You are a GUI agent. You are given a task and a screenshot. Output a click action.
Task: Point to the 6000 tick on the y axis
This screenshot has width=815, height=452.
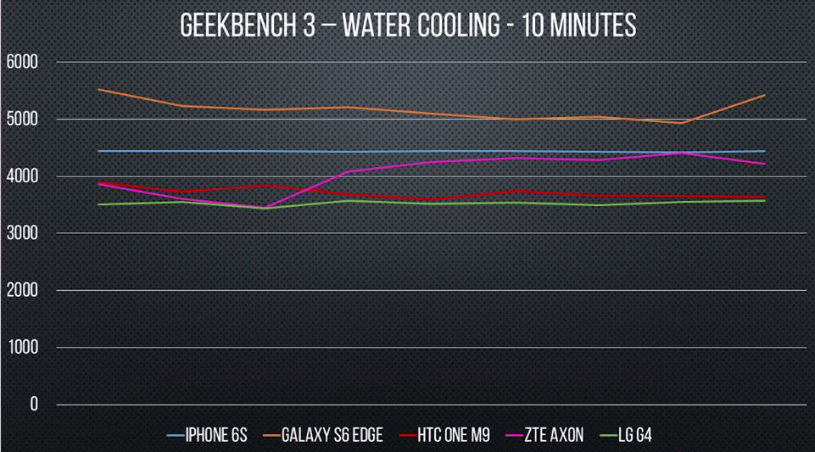tap(22, 63)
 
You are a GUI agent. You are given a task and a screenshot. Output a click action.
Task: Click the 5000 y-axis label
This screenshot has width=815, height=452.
tap(22, 120)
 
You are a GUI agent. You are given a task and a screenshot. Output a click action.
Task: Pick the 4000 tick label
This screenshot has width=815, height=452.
tap(22, 176)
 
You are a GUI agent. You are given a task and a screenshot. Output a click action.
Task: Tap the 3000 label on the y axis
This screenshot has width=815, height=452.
tap(22, 233)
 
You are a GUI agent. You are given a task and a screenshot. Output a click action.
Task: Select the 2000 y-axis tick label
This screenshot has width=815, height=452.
tap(22, 290)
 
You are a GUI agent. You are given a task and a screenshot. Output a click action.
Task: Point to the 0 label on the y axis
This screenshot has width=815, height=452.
tap(34, 405)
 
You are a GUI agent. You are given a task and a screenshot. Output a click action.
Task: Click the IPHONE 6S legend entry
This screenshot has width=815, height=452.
tap(207, 435)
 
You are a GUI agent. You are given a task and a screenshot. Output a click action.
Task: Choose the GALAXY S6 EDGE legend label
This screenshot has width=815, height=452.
tap(323, 435)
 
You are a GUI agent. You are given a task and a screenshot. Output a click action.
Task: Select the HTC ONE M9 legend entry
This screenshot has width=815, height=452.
tap(444, 435)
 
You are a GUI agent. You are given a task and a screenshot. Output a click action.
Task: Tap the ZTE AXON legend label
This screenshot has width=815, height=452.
tap(544, 435)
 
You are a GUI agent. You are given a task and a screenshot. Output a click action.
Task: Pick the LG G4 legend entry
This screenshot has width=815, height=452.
tap(625, 435)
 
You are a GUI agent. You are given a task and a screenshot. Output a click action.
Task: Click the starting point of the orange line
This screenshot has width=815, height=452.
tap(98, 89)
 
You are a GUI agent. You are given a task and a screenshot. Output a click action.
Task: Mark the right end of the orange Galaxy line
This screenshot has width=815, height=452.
tap(765, 96)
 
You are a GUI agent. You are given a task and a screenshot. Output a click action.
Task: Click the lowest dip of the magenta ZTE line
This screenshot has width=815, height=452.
tap(265, 207)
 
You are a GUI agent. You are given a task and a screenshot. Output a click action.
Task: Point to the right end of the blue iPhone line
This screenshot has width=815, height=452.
tap(765, 151)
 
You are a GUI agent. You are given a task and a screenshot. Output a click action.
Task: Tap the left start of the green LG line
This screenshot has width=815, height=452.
tap(98, 204)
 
